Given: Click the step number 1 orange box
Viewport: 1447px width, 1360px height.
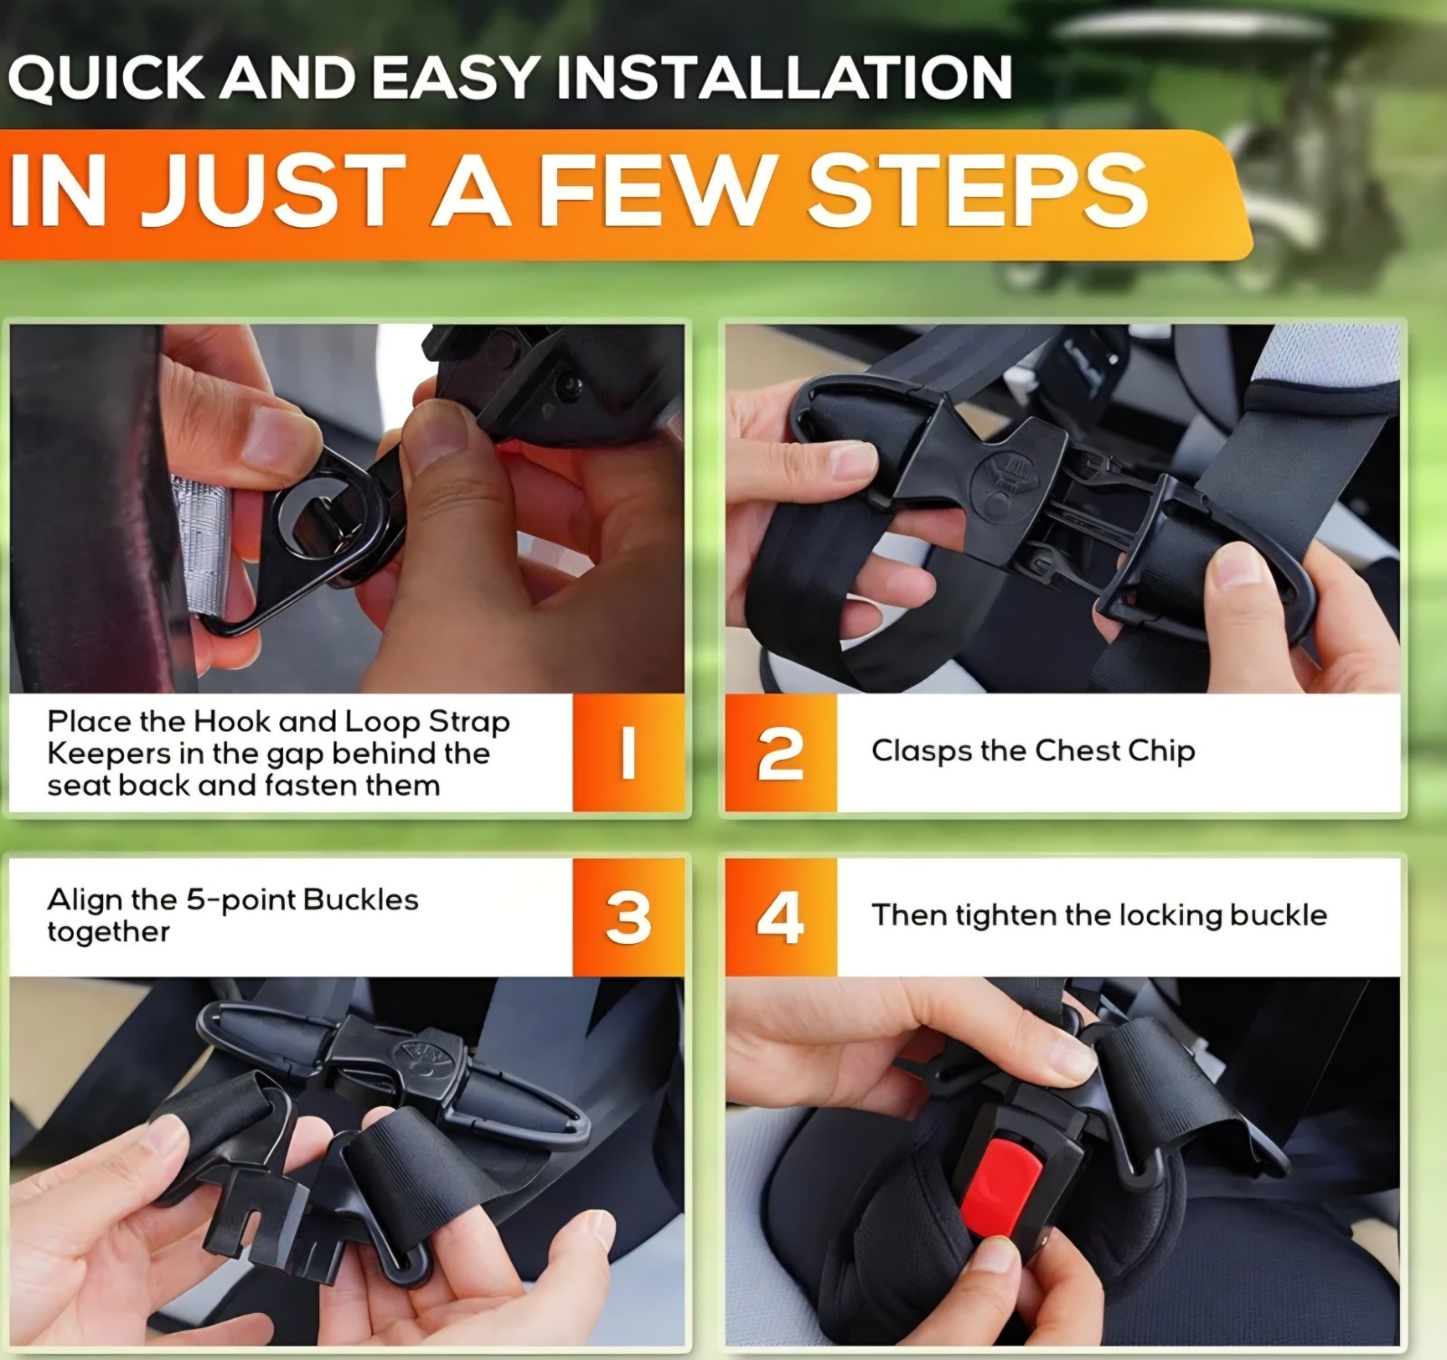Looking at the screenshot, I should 628,753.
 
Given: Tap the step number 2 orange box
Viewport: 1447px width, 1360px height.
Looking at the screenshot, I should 780,753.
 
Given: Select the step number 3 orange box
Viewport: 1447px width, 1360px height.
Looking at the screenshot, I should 628,917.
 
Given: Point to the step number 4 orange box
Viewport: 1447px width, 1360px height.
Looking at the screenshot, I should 780,917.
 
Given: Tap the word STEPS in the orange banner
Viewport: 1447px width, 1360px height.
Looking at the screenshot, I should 977,191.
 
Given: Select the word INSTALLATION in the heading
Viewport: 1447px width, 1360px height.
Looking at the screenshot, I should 783,78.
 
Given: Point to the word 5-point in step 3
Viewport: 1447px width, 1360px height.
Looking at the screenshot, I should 241,900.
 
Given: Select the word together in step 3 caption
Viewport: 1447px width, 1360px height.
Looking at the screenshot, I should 109,932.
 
